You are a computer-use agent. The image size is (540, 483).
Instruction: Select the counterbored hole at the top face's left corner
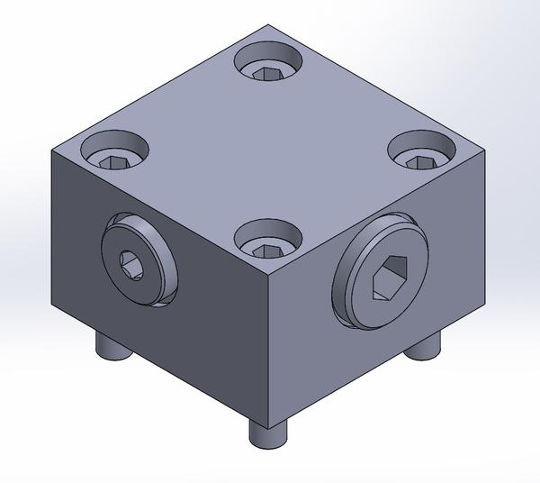pos(115,150)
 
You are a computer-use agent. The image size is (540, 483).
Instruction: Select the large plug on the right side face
pos(382,278)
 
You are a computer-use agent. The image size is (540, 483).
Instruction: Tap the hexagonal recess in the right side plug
pos(389,280)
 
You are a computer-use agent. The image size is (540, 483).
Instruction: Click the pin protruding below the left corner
pos(113,347)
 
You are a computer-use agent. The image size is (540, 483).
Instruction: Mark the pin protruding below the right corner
pos(424,344)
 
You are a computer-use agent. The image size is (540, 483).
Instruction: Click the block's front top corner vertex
pos(268,274)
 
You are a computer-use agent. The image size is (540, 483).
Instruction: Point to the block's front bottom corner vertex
pos(268,422)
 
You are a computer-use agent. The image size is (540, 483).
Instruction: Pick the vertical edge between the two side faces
pos(268,351)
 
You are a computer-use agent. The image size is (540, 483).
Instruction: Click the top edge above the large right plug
pos(378,214)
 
